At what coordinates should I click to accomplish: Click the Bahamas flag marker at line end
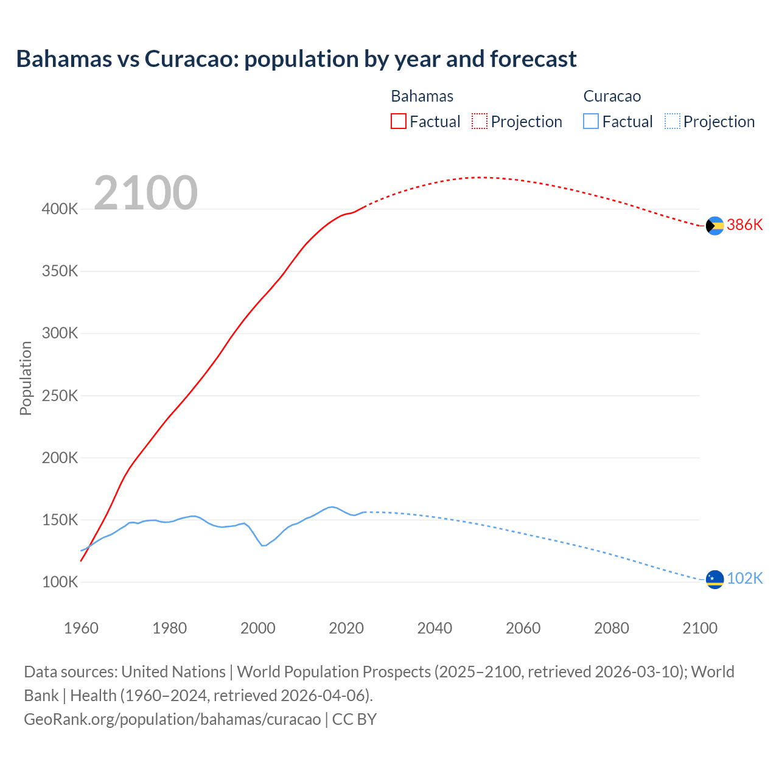tap(714, 225)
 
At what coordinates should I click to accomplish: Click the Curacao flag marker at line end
tap(714, 579)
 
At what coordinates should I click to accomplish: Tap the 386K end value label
tap(744, 225)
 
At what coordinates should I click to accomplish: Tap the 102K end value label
tap(744, 579)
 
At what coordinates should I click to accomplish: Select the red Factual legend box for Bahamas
tap(399, 121)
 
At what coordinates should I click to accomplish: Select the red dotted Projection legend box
tap(480, 121)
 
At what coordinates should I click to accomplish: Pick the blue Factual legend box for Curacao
tap(591, 121)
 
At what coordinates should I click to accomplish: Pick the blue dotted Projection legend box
tap(672, 121)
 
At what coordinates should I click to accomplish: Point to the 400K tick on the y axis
tap(60, 209)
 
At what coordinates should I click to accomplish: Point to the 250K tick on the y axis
tap(60, 396)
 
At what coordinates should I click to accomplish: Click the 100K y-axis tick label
tap(60, 582)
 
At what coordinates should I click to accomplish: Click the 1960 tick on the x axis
tap(81, 628)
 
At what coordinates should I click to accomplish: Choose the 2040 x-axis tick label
tap(435, 628)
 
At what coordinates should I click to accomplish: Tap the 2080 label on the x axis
tap(611, 628)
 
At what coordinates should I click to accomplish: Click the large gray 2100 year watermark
tap(145, 193)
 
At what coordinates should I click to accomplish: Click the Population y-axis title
tap(26, 378)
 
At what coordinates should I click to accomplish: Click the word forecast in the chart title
tap(533, 59)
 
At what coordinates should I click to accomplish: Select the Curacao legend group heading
tap(612, 96)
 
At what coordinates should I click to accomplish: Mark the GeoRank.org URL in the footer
tap(172, 719)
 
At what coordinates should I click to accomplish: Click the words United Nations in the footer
tap(173, 672)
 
